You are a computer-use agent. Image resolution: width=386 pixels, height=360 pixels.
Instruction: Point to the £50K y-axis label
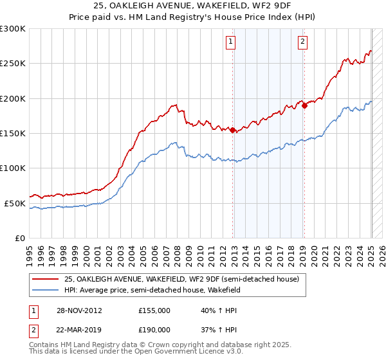click(x=15, y=203)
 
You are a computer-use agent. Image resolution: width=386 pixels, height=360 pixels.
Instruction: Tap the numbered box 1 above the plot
click(x=230, y=42)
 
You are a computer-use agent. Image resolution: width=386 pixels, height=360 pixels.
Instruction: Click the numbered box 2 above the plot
click(x=302, y=42)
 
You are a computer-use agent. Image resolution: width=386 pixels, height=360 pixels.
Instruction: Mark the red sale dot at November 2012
click(x=232, y=130)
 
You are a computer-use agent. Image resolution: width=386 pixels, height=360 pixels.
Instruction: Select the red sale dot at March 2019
click(x=304, y=106)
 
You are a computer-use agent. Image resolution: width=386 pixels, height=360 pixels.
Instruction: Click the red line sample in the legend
click(x=45, y=280)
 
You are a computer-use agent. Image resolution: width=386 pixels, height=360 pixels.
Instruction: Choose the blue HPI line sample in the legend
click(x=45, y=291)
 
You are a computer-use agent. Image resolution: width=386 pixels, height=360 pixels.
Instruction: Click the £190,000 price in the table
click(x=154, y=328)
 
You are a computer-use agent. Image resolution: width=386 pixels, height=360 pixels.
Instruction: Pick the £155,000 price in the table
click(x=154, y=310)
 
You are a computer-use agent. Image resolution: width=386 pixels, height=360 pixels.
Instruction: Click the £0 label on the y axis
click(x=20, y=238)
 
